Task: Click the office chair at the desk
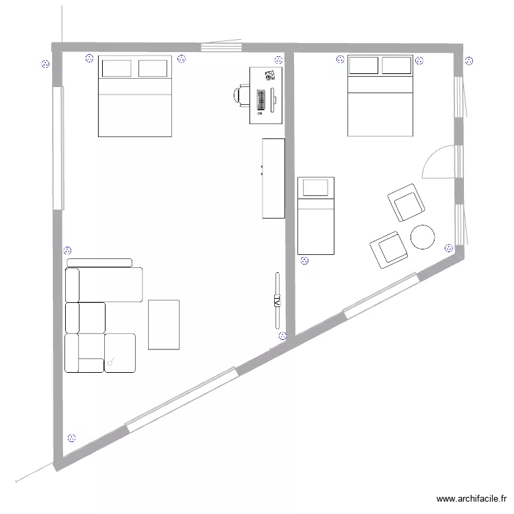point(241,95)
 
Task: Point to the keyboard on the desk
point(261,100)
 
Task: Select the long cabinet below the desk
point(273,178)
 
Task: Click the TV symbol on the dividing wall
point(277,301)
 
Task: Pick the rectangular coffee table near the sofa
point(164,324)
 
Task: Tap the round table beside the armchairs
point(422,236)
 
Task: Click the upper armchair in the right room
point(406,204)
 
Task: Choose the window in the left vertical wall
point(58,147)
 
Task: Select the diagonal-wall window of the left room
point(182,400)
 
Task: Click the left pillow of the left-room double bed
point(117,69)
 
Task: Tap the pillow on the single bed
point(316,187)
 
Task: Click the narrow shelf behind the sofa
point(99,262)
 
